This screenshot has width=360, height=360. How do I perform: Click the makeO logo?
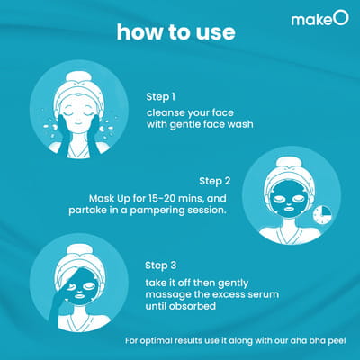pos(320,19)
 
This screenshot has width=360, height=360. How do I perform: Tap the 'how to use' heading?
pos(175,32)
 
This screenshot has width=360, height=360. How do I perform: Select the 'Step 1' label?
pos(160,97)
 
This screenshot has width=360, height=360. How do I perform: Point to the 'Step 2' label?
pos(215,182)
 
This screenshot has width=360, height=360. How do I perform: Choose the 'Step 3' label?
pos(161,265)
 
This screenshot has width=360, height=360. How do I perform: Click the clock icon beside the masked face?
pos(322,215)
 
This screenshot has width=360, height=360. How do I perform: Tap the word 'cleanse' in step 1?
pos(166,113)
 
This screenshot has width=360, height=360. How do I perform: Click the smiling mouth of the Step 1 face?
pos(78,123)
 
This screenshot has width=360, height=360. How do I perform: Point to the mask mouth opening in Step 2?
pos(289,208)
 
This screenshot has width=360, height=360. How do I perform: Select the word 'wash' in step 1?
pos(240,124)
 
